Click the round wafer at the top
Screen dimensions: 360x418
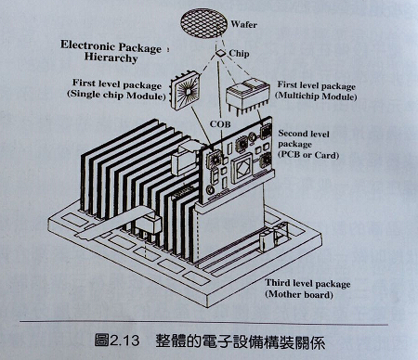tap(216, 19)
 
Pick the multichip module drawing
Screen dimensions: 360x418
tap(246, 96)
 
